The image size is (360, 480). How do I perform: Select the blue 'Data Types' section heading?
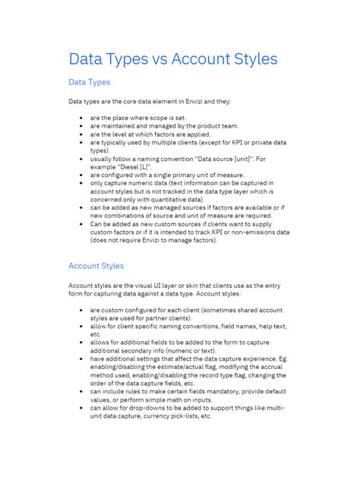point(89,82)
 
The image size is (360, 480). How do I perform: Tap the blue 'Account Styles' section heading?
point(96,266)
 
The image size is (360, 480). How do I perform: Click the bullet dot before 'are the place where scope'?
point(81,119)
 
